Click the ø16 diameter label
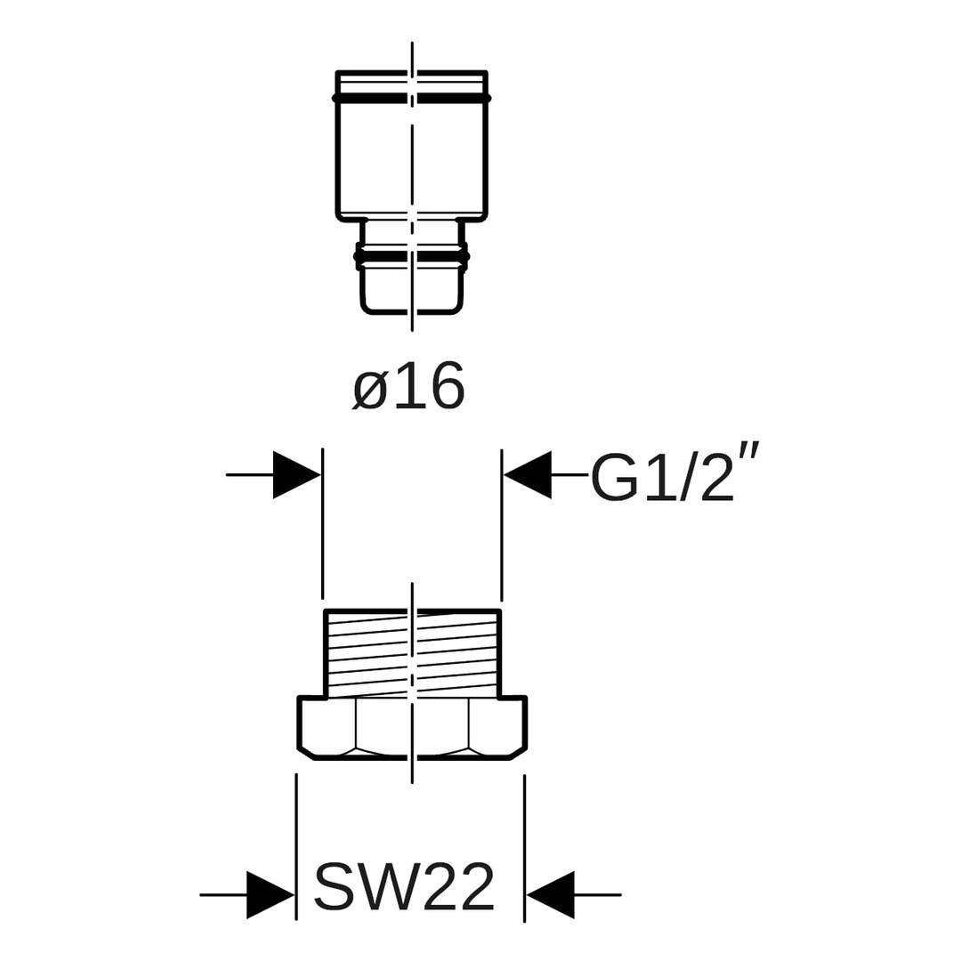pyautogui.click(x=409, y=387)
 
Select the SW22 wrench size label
pyautogui.click(x=405, y=886)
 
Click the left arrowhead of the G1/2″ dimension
pyautogui.click(x=297, y=475)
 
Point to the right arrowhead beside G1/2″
pyautogui.click(x=528, y=475)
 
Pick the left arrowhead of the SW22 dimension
pyautogui.click(x=271, y=894)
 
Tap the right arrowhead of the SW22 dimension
pyautogui.click(x=551, y=894)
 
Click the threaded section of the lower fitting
pyautogui.click(x=412, y=654)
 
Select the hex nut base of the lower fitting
pyautogui.click(x=412, y=727)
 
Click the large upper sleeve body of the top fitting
pyautogui.click(x=412, y=156)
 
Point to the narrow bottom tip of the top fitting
pyautogui.click(x=412, y=289)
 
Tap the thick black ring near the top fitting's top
pyautogui.click(x=412, y=97)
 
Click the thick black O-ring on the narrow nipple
pyautogui.click(x=412, y=256)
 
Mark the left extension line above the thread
pyautogui.click(x=322, y=525)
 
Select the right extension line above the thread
pyautogui.click(x=502, y=525)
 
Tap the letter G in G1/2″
pyautogui.click(x=615, y=478)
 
